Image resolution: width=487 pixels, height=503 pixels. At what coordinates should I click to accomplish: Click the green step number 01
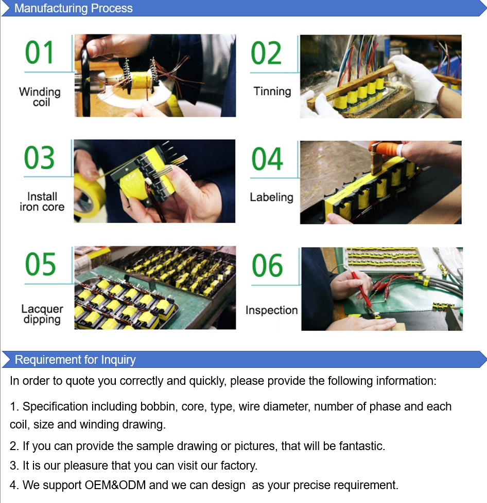tap(39, 52)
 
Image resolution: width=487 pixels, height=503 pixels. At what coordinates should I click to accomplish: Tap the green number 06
tap(267, 265)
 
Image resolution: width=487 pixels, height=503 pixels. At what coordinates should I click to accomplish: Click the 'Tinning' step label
tap(272, 91)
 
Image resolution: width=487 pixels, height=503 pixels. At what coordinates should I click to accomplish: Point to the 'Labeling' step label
tap(272, 197)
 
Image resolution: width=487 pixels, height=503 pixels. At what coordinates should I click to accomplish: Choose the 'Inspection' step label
tap(272, 310)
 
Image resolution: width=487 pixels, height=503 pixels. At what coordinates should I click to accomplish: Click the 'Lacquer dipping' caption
tap(42, 314)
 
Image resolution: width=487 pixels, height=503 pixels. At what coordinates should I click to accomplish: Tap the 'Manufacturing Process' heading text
tap(74, 8)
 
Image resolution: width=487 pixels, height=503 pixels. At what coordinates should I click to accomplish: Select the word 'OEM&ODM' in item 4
tap(115, 485)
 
